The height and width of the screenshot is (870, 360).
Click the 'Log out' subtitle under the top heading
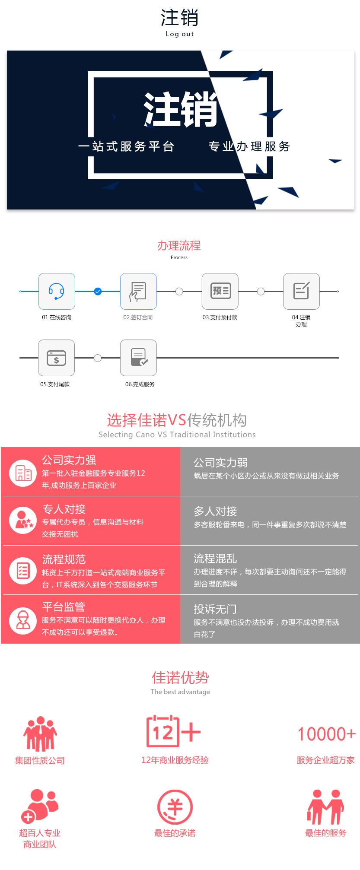click(180, 34)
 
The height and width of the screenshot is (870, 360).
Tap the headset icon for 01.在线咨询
click(57, 291)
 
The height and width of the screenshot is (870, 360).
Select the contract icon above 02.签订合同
click(138, 291)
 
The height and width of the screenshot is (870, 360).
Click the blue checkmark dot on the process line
click(98, 292)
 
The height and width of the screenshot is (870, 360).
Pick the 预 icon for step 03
click(220, 291)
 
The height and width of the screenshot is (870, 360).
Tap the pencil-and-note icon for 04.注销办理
click(301, 291)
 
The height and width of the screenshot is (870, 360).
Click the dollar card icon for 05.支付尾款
click(57, 358)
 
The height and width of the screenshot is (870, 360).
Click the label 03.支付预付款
click(220, 318)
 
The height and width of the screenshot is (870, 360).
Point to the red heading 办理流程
click(179, 246)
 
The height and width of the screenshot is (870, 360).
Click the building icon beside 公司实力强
click(23, 473)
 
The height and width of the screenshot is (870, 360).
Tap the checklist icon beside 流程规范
click(23, 571)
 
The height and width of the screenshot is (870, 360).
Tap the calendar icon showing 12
click(163, 731)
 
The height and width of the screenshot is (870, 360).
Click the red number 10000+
click(327, 734)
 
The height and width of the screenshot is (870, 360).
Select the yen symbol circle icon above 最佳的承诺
click(175, 807)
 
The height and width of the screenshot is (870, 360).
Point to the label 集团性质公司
click(40, 761)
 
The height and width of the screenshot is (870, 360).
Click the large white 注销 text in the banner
click(181, 109)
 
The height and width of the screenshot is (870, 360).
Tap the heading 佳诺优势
click(180, 678)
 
